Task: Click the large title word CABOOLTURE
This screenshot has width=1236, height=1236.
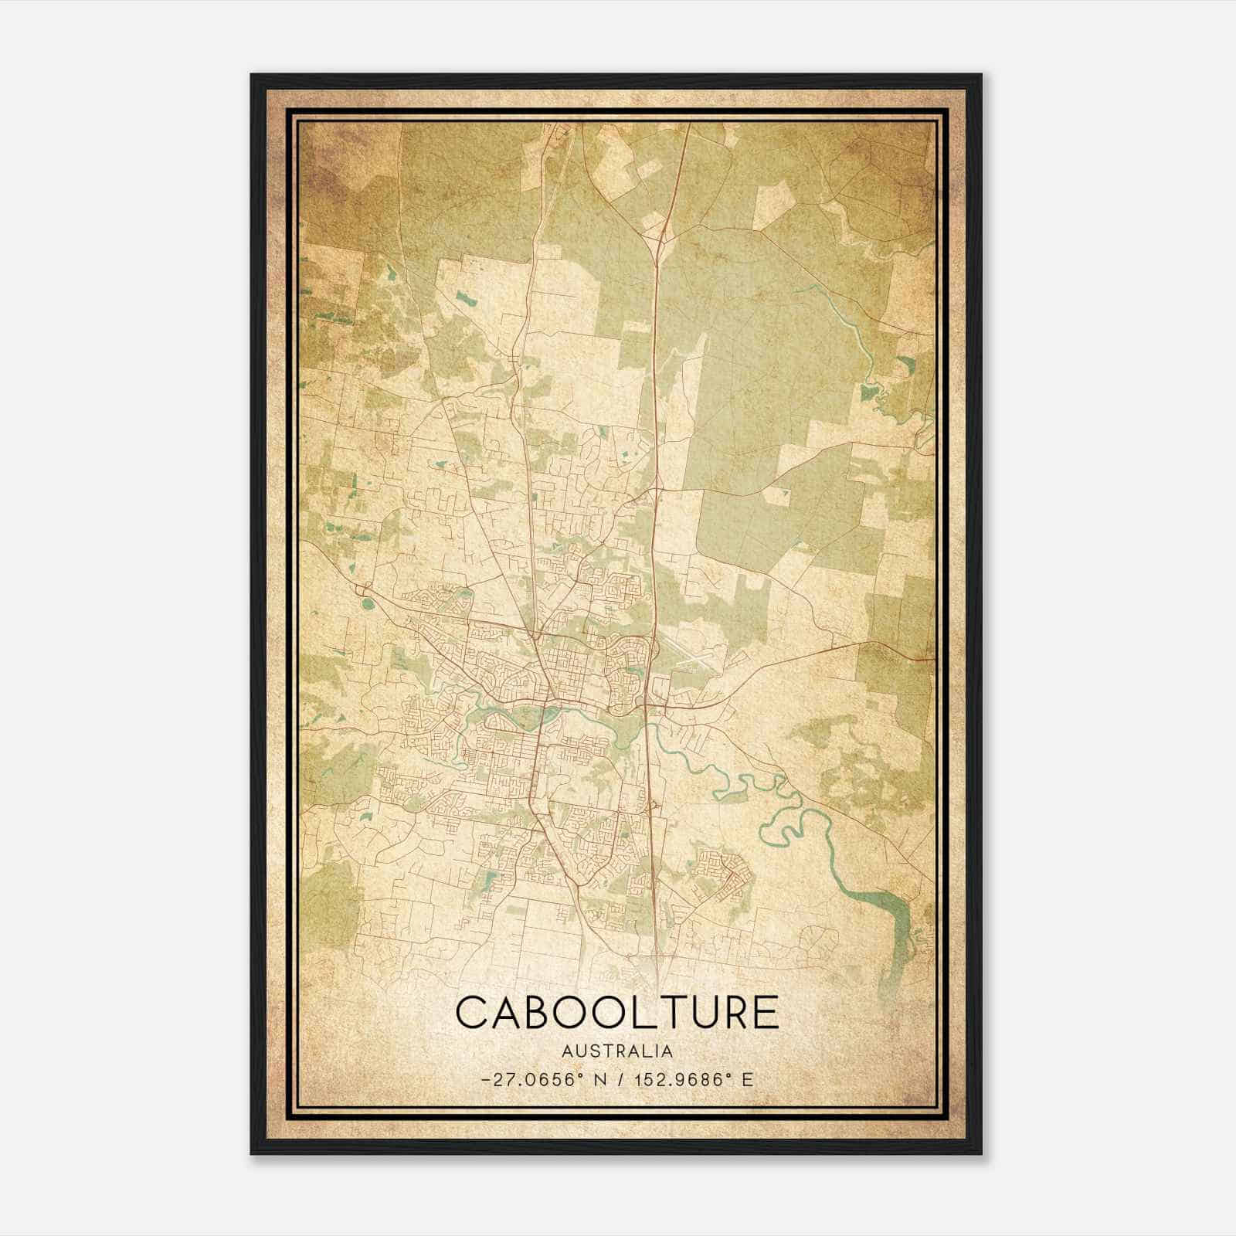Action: [x=617, y=1013]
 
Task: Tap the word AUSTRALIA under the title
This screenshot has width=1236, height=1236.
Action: [x=617, y=1051]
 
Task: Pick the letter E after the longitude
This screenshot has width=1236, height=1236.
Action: [x=747, y=1080]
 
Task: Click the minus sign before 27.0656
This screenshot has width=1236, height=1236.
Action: [x=485, y=1080]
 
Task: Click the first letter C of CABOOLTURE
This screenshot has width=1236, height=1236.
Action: [x=473, y=1013]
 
